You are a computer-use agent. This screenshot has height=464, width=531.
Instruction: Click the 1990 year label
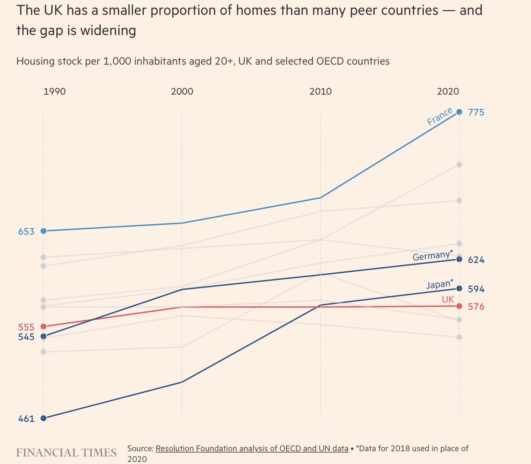point(54,92)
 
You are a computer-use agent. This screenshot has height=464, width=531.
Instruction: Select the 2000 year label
point(182,92)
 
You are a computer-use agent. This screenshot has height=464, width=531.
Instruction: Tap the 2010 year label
point(320,92)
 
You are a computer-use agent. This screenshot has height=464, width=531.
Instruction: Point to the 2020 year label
point(448,92)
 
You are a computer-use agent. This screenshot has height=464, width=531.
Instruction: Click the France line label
point(439,116)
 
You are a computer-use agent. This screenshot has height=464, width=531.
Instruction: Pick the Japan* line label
point(440,284)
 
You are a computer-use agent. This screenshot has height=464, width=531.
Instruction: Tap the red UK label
point(448,299)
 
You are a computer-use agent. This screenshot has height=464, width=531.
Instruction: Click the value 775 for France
point(476,112)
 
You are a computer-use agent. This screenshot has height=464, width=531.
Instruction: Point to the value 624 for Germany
point(476,260)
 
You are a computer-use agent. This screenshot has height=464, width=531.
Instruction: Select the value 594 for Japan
point(476,289)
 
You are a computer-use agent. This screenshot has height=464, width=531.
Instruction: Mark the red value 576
point(476,307)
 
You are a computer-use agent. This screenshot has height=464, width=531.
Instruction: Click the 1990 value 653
point(26,231)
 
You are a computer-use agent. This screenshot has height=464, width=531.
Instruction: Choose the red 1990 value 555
point(26,327)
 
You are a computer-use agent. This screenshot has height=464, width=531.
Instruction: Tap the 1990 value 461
point(26,418)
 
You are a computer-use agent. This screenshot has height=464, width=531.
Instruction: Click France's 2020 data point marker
point(459,112)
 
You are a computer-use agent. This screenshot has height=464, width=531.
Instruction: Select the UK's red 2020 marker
point(459,306)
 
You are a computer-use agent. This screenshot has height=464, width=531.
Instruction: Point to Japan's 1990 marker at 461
point(43,418)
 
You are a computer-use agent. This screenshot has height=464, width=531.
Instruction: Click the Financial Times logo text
point(66,452)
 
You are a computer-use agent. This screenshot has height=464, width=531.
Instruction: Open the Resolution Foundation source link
point(252,449)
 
